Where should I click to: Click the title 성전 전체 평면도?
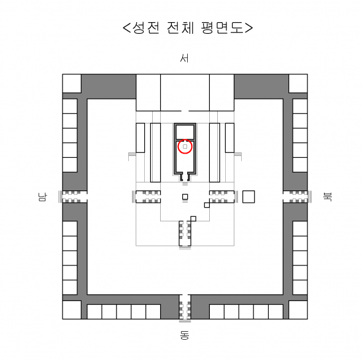click(188, 28)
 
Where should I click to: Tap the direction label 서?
click(184, 58)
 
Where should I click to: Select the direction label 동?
click(185, 335)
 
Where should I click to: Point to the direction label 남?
click(42, 197)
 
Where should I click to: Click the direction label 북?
click(327, 197)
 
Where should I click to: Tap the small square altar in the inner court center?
click(185, 197)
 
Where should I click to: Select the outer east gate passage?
click(185, 307)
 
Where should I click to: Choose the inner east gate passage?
click(185, 233)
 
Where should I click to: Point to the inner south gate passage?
click(148, 197)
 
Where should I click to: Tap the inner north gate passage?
click(222, 197)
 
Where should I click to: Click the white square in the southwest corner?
click(72, 84)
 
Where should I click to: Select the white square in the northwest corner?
click(298, 84)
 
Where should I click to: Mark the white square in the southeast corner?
click(72, 310)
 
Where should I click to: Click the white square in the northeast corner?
click(298, 310)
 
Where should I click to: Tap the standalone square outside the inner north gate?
click(248, 197)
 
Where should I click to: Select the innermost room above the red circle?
click(185, 132)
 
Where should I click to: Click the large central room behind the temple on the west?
click(185, 93)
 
